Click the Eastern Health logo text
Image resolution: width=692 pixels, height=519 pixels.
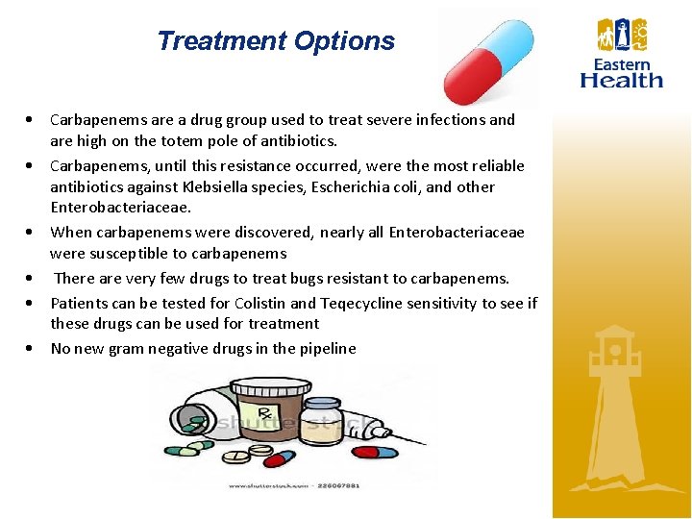[622, 73]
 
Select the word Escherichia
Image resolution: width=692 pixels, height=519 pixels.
[333, 186]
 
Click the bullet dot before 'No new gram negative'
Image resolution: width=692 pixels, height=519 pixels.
[32, 348]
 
